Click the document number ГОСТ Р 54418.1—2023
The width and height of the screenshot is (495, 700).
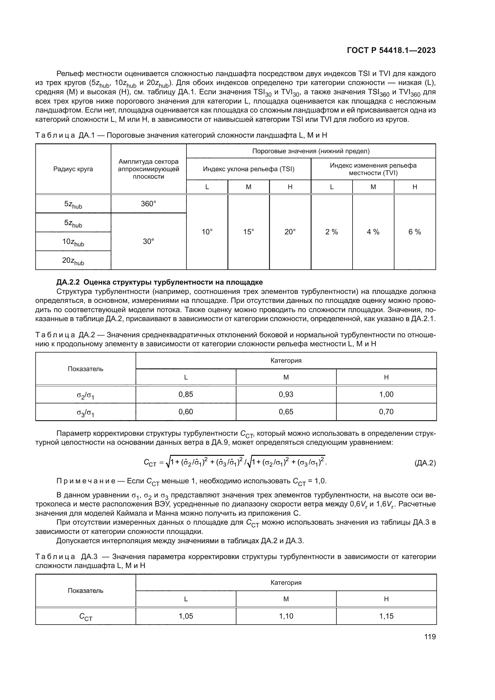point(391,51)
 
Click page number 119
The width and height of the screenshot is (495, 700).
point(430,637)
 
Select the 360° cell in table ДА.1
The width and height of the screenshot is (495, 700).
point(148,204)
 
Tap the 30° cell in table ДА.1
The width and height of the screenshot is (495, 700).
point(148,242)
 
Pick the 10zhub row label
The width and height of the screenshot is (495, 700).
point(73,242)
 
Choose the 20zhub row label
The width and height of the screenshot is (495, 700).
point(73,261)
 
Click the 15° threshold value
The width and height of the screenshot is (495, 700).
point(248,232)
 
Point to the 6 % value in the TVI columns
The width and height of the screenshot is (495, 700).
point(414,232)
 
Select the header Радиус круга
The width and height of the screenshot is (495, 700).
point(73,169)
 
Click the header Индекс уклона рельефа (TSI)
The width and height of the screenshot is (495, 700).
point(248,169)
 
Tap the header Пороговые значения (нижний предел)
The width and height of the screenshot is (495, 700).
point(311,151)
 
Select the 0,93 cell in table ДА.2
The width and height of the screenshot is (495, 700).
point(286,394)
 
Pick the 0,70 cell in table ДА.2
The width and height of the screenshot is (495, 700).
point(386,412)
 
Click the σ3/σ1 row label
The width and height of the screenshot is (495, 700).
point(85,412)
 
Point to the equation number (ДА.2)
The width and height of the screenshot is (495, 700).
point(425,463)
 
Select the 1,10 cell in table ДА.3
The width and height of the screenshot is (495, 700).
point(286,616)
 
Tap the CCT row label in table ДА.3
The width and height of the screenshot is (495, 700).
point(85,617)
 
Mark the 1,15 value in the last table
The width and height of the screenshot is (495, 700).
point(386,616)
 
